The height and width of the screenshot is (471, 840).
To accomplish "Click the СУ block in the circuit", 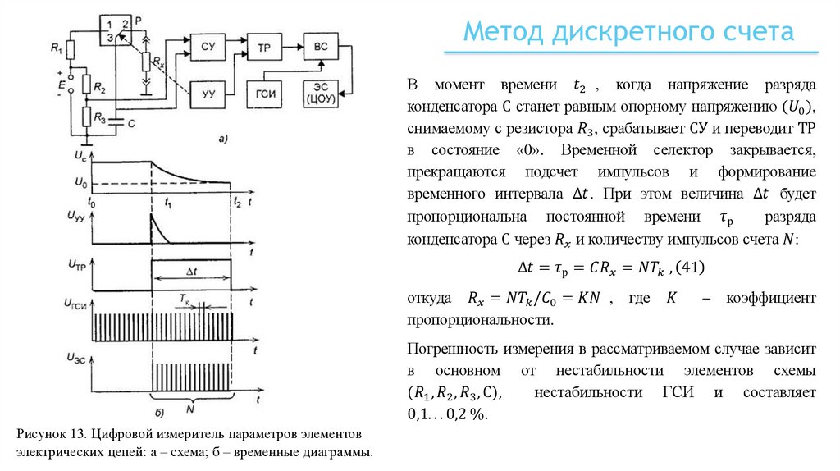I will (x=208, y=48).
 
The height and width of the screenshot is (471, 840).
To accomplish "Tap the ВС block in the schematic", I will (x=320, y=47).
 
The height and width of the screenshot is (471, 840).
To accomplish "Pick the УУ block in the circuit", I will (x=208, y=94).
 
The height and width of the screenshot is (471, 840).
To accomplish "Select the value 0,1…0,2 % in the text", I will (x=447, y=414).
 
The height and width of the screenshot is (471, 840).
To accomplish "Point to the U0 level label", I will (x=80, y=181).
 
